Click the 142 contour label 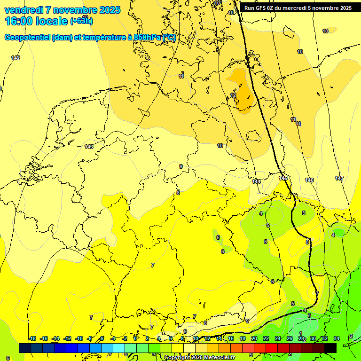pyautogui.click(x=16, y=58)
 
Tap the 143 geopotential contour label pyautogui.click(x=89, y=147)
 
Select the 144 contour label pyautogui.click(x=256, y=181)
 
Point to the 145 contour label pyautogui.click(x=283, y=179)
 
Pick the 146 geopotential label pyautogui.click(x=309, y=180)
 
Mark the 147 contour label pyautogui.click(x=339, y=178)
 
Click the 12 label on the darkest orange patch pyautogui.click(x=233, y=95)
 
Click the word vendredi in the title pyautogui.click(x=24, y=10)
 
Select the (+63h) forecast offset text pyautogui.click(x=81, y=21)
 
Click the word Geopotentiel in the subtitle pyautogui.click(x=27, y=38)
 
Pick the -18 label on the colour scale pyautogui.click(x=32, y=338)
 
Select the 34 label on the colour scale pyautogui.click(x=337, y=338)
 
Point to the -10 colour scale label pyautogui.click(x=79, y=338)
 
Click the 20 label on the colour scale pyautogui.click(x=254, y=338)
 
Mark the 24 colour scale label pyautogui.click(x=278, y=338)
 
